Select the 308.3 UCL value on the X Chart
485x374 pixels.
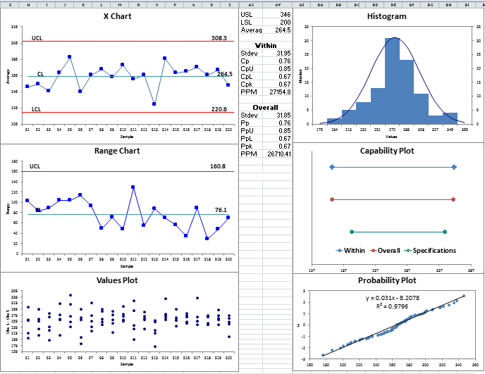pos(219,37)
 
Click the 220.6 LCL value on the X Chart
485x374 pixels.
pos(219,109)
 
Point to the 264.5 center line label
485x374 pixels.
pos(224,74)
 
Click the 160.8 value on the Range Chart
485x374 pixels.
pos(219,167)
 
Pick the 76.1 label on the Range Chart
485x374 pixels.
pos(221,210)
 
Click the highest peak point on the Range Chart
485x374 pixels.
pos(133,187)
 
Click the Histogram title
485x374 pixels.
pos(386,16)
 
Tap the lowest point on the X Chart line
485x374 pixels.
pos(154,104)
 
